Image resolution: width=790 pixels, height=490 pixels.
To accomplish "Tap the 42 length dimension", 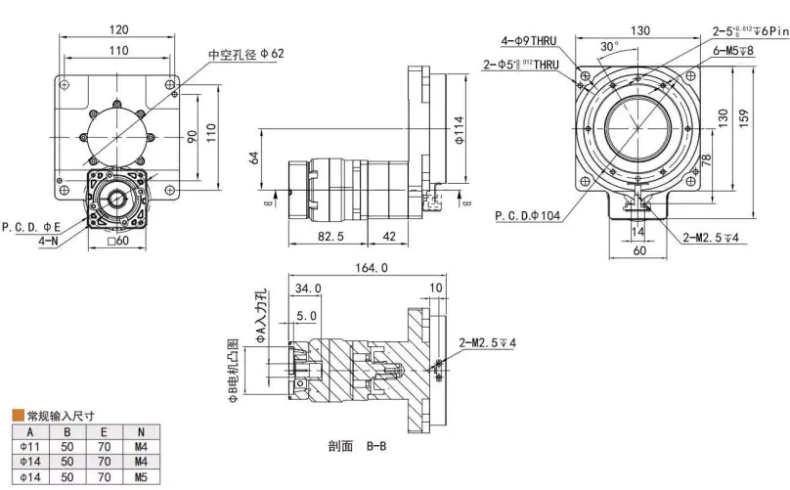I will click(x=388, y=237).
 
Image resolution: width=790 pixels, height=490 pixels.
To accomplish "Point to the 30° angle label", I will click(x=608, y=46).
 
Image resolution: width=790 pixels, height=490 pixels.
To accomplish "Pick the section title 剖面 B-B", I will click(x=358, y=446).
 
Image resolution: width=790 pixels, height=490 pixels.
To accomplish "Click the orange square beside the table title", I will click(x=17, y=414).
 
